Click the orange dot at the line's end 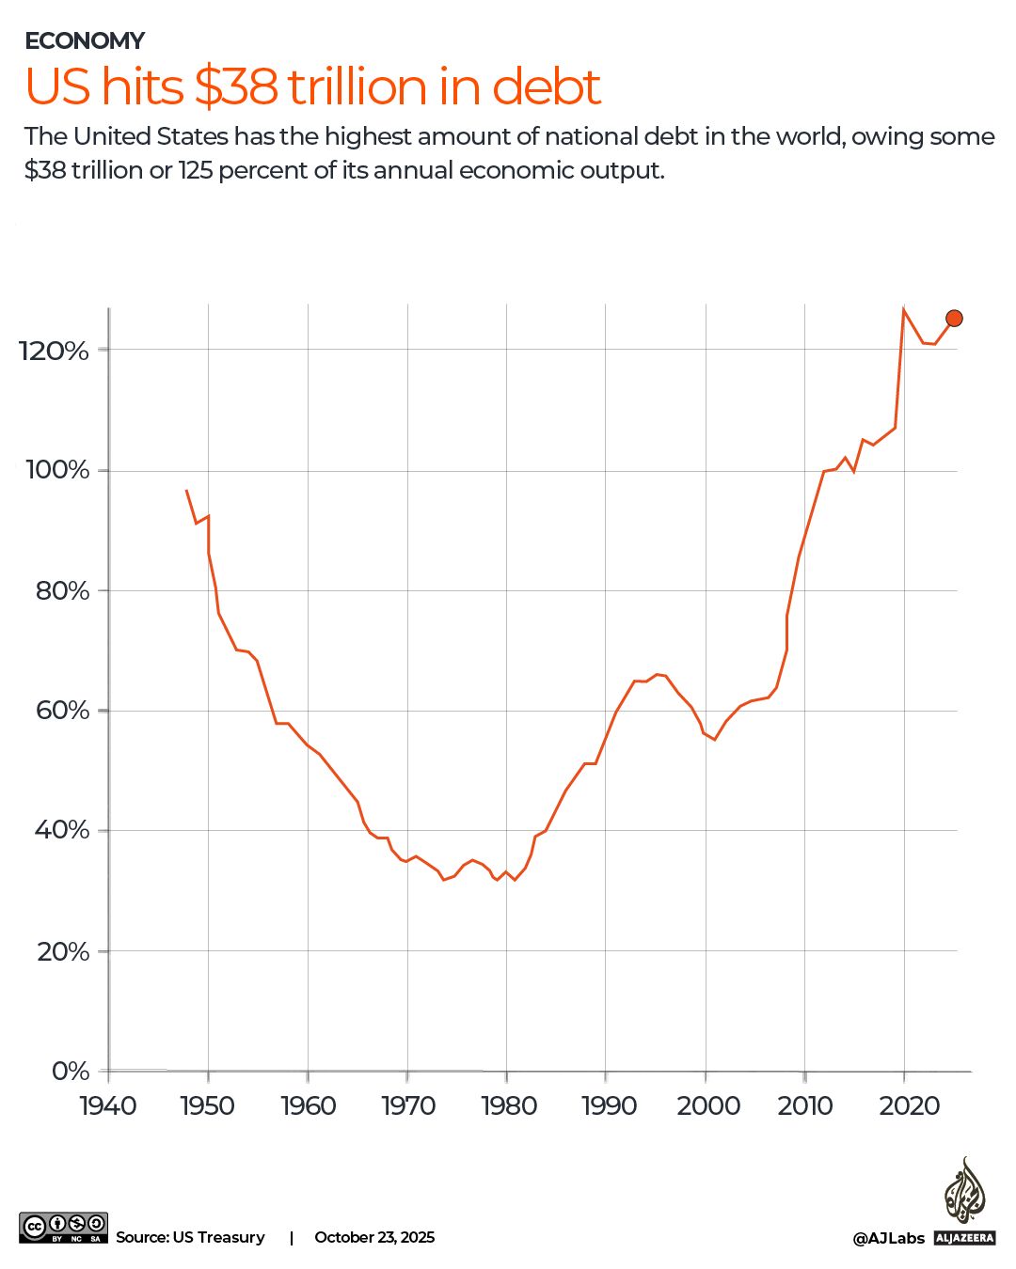click(x=954, y=319)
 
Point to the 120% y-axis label click(x=54, y=351)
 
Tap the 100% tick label click(x=56, y=470)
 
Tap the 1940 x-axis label click(x=108, y=1105)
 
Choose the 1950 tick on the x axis click(x=208, y=1105)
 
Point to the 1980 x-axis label click(x=508, y=1105)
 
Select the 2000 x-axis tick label click(x=707, y=1105)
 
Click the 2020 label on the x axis click(x=909, y=1105)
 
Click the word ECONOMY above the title click(x=85, y=40)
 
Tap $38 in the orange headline click(x=236, y=86)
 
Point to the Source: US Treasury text click(x=190, y=1237)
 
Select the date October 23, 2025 click(x=374, y=1237)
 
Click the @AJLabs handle click(x=888, y=1239)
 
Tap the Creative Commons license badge click(x=63, y=1228)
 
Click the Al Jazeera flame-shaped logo click(x=964, y=1190)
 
